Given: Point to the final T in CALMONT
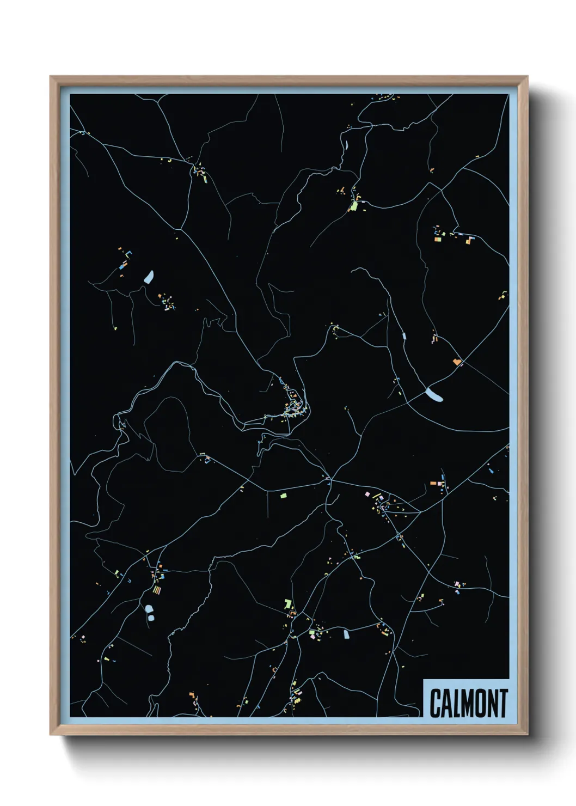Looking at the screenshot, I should pos(503,703).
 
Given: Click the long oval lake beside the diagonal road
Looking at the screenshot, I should pos(434,394).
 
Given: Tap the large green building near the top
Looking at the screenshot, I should pos(354,205).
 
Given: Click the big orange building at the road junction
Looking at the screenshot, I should pos(456,361).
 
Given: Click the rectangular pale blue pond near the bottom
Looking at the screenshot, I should pos(345,633).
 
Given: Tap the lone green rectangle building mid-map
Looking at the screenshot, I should pos(283,496).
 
